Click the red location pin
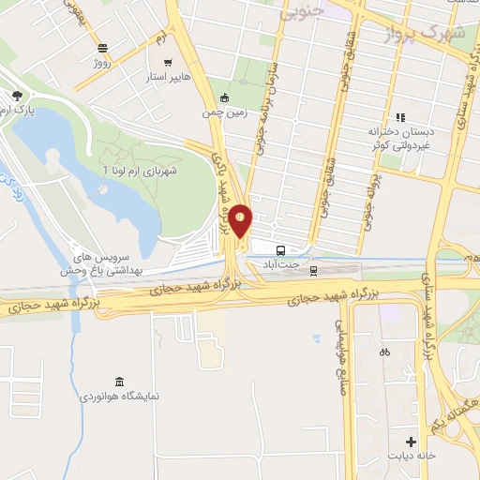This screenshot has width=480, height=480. pos(241,220)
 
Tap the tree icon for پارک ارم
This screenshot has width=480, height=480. pos(17,95)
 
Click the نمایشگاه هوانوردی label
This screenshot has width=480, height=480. pos(118,397)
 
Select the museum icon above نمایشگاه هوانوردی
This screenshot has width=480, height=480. pos(118,381)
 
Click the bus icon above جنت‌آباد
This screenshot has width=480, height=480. pos(280,250)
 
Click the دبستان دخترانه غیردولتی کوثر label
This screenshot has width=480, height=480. pos(400,140)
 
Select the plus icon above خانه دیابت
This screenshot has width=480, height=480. pos(411,442)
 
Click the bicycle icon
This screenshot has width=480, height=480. pos(383,353)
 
